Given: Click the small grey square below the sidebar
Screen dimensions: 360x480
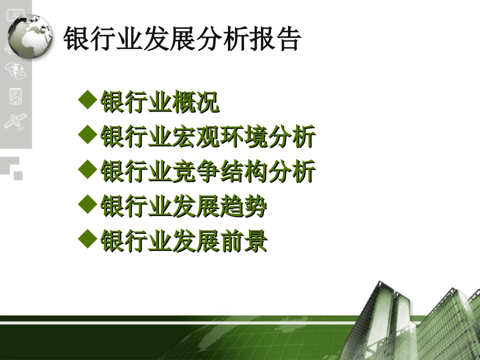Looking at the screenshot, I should pos(18,175).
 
